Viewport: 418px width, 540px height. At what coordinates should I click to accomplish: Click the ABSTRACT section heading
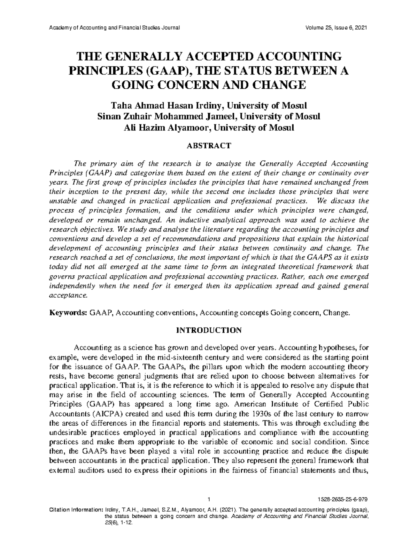[x=209, y=145]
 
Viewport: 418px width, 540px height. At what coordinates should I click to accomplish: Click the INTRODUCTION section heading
[x=209, y=330]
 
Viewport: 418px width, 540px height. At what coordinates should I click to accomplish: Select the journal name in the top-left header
[x=115, y=28]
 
